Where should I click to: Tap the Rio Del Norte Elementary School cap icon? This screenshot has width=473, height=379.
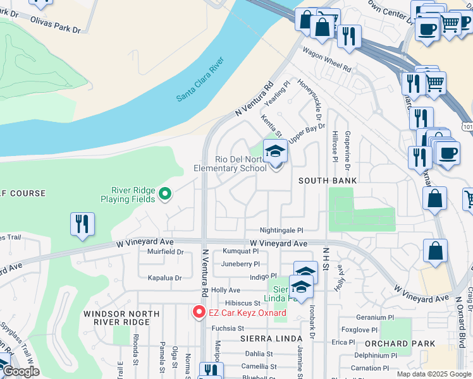click(x=275, y=152)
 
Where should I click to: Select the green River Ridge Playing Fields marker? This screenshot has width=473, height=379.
click(x=165, y=194)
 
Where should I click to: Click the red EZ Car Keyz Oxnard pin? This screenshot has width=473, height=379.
click(x=199, y=312)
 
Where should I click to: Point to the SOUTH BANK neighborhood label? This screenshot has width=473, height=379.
click(x=328, y=181)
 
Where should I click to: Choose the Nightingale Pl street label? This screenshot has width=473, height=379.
click(x=281, y=231)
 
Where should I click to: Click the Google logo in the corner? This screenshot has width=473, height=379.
click(x=20, y=372)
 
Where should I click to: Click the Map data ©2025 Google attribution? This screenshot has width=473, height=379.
click(x=433, y=374)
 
